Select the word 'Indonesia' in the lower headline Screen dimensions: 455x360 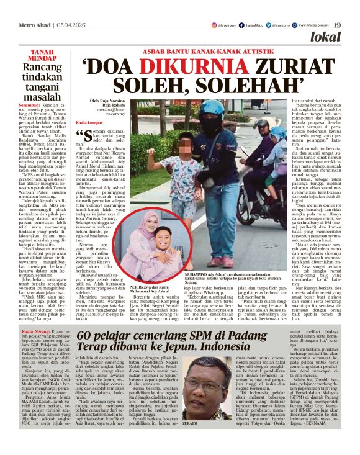(x=248, y=354)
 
